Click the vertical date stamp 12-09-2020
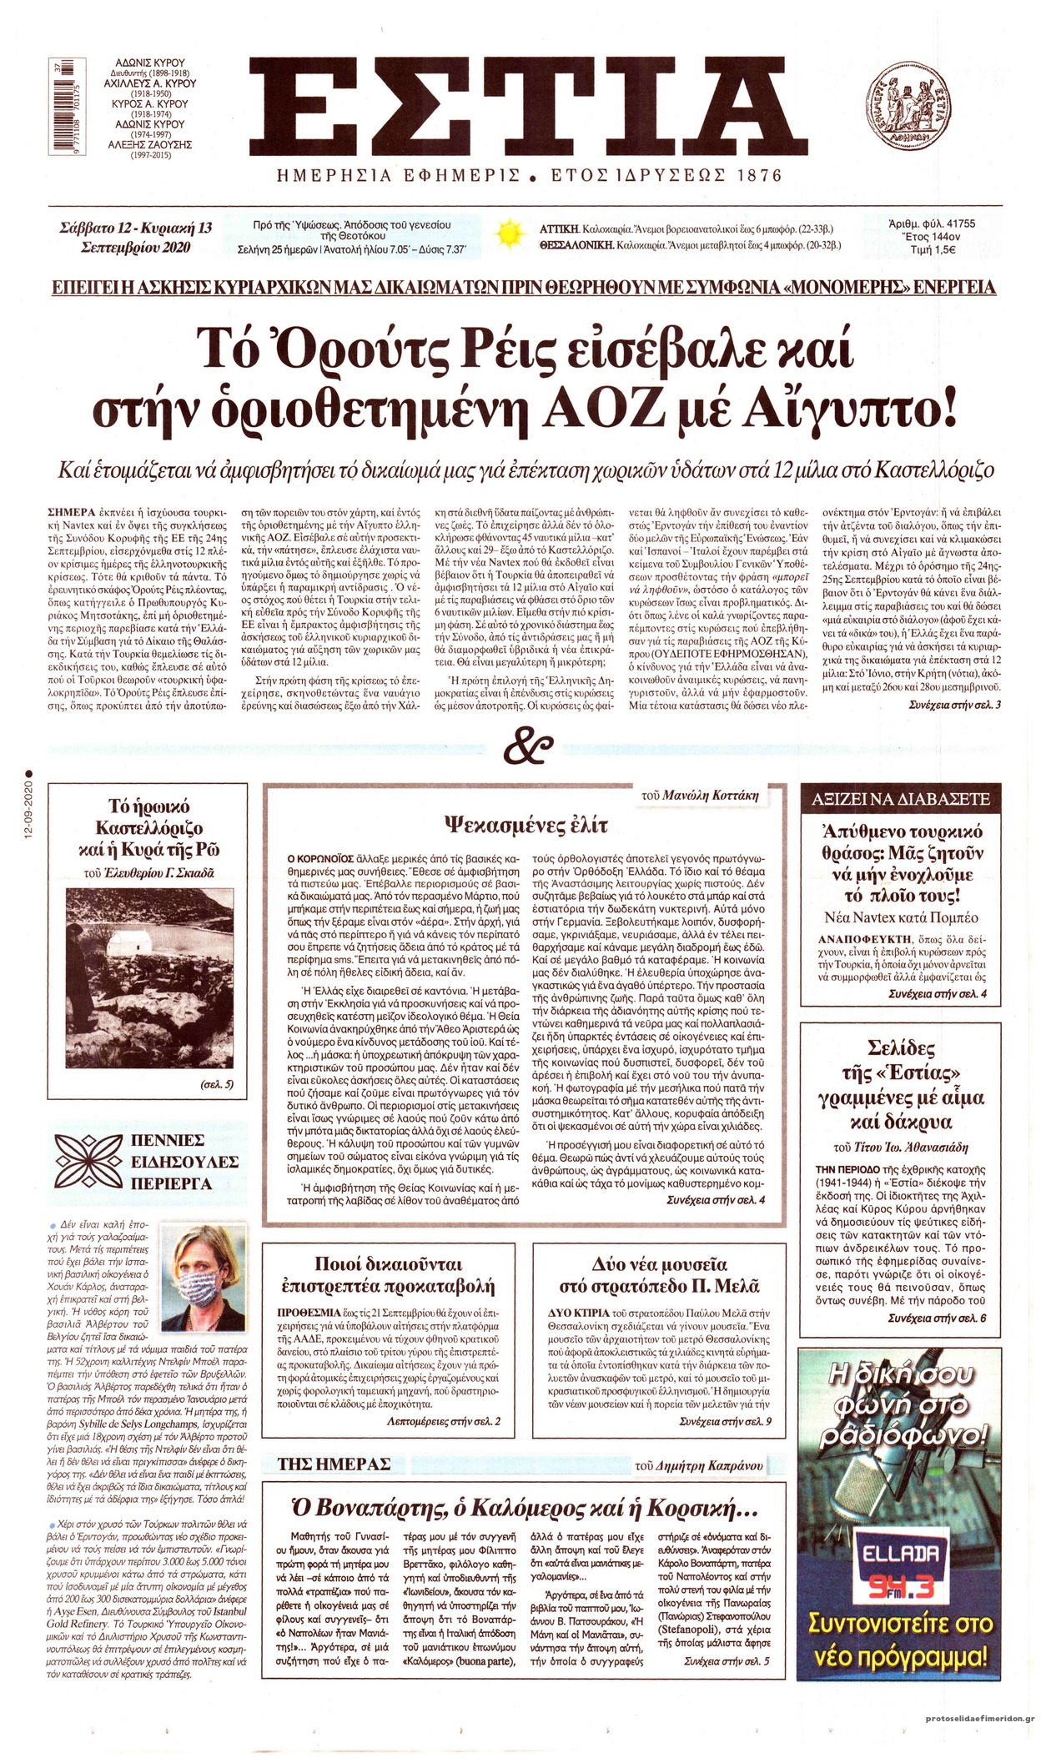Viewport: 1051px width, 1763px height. (x=28, y=800)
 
